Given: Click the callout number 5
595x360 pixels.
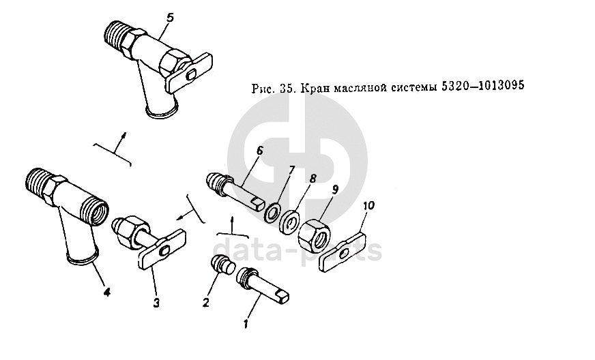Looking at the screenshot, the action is point(171,18).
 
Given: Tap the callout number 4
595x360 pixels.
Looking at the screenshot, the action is point(107,292).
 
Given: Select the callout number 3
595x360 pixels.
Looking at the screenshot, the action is point(156,303).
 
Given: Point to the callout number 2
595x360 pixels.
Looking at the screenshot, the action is point(206,302).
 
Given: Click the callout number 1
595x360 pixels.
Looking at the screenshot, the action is point(246,325).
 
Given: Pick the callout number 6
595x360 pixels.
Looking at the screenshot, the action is point(259,151).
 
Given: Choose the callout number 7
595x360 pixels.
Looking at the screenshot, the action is point(291,170).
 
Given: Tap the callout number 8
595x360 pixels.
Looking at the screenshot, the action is point(313,179).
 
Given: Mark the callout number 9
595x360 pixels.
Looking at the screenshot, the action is point(334,190).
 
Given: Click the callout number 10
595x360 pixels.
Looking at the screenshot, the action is point(368,206).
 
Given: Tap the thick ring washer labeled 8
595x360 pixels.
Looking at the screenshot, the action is point(290,222).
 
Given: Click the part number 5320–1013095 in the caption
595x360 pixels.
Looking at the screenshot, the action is point(482,86).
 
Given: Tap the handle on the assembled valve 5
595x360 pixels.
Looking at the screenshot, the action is point(188,74).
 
